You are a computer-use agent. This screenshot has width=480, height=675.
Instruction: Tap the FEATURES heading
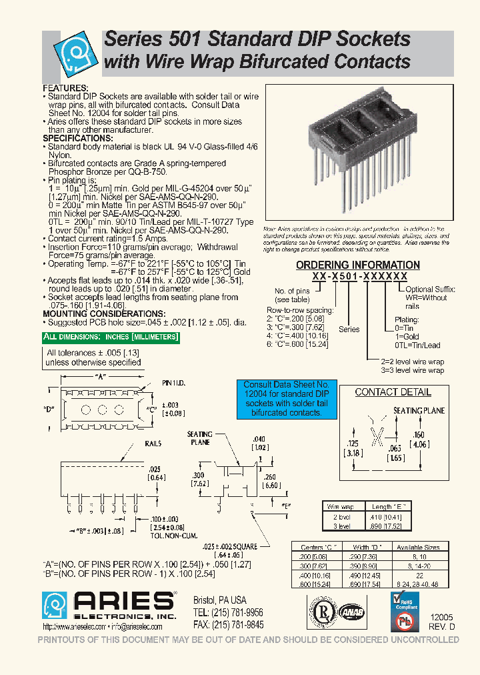[x=65, y=88]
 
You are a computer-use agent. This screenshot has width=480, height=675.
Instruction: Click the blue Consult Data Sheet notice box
[x=286, y=399]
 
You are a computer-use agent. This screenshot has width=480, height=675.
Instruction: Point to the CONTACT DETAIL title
[x=393, y=392]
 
